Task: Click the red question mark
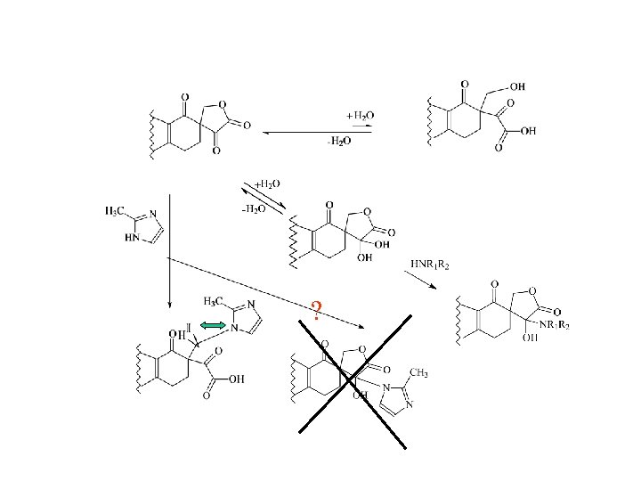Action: pyautogui.click(x=317, y=311)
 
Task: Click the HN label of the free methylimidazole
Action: pyautogui.click(x=132, y=238)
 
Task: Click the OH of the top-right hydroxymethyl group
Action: pyautogui.click(x=516, y=86)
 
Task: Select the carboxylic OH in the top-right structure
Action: pyautogui.click(x=528, y=130)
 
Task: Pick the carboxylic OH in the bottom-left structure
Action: pyautogui.click(x=235, y=379)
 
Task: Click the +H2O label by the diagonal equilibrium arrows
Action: pyautogui.click(x=267, y=183)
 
